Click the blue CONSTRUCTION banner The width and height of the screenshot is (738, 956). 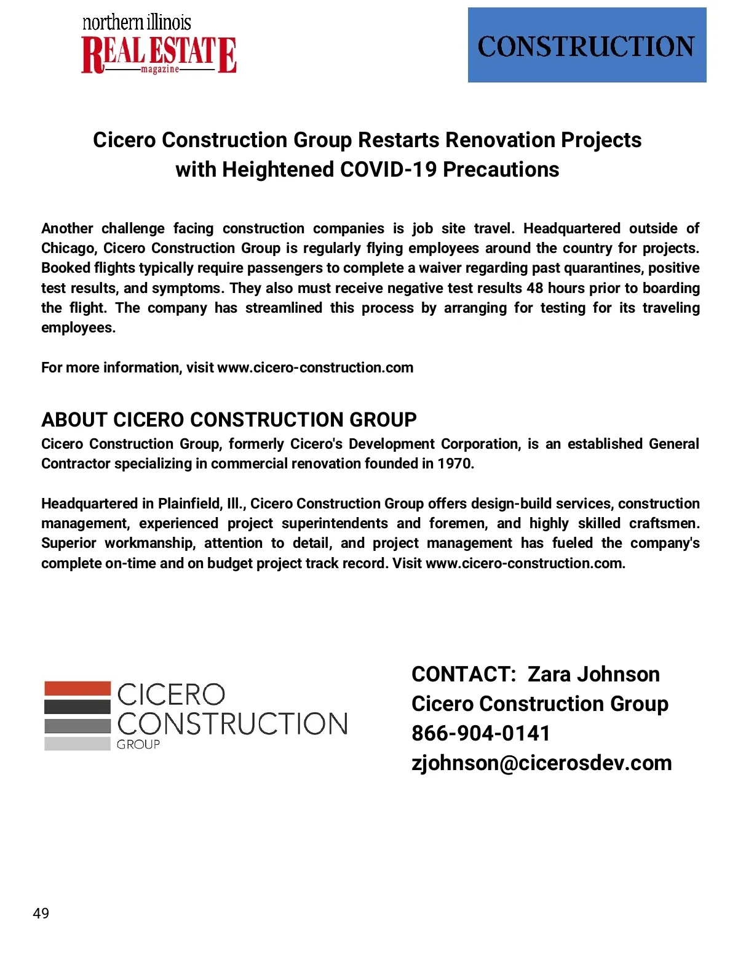point(587,45)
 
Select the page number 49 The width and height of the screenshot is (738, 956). point(41,913)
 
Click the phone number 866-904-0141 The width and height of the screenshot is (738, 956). point(480,733)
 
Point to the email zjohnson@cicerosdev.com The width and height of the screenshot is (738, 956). point(541,763)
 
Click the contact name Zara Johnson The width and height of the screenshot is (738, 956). point(593,674)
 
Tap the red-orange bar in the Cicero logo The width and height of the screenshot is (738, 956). point(77,688)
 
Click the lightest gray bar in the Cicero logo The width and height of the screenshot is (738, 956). point(77,744)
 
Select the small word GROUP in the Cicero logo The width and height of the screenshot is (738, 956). point(138,744)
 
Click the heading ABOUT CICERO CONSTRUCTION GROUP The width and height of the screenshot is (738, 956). point(229,420)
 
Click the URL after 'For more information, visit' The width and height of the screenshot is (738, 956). point(315,368)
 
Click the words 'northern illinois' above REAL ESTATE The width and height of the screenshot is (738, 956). point(137,23)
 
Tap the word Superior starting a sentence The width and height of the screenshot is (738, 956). point(68,543)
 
